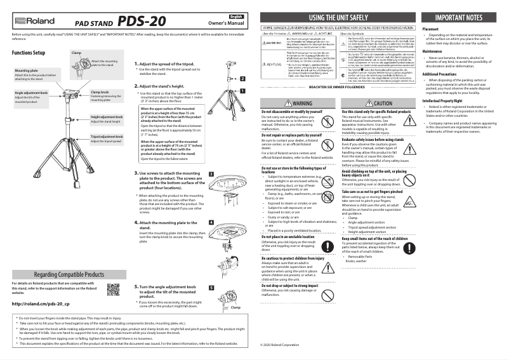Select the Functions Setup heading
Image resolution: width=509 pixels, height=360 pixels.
pyautogui.click(x=28, y=51)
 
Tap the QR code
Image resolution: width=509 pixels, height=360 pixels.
pyautogui.click(x=114, y=290)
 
